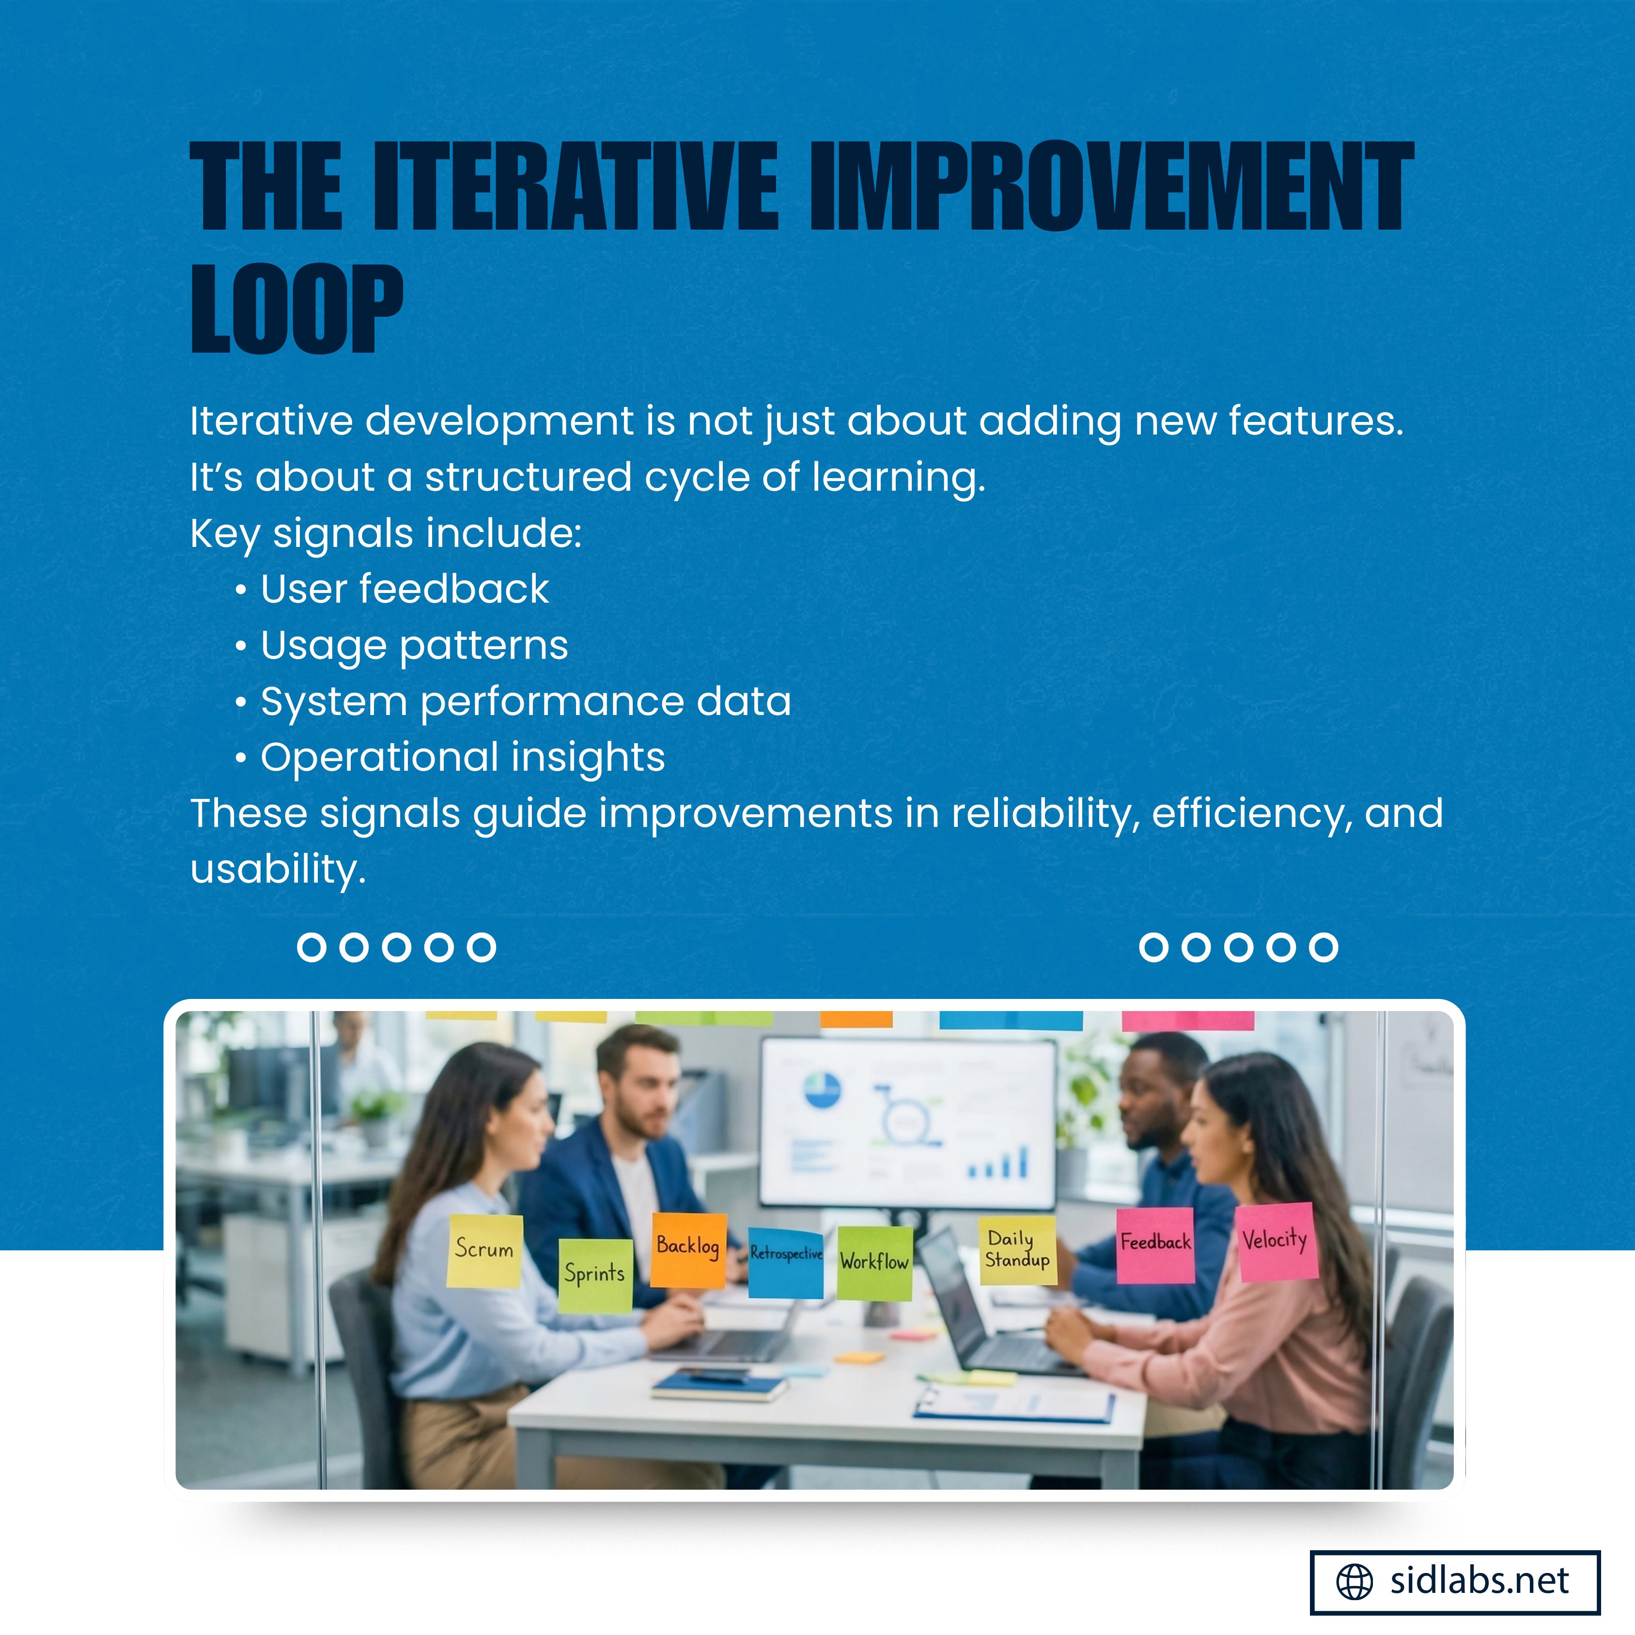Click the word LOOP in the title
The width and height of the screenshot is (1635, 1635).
coord(297,309)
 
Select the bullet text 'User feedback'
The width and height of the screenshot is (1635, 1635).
coord(405,589)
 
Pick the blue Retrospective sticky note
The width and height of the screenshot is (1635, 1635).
coord(786,1262)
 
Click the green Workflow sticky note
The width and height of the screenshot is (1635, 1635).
coord(875,1262)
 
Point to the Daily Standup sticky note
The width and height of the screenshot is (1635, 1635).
coord(1018,1251)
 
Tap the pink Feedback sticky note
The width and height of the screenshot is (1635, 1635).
coord(1155,1246)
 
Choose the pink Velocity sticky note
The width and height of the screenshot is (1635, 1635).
coord(1276,1242)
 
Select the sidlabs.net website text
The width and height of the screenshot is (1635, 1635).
coord(1479,1581)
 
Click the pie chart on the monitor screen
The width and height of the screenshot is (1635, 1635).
coord(822,1089)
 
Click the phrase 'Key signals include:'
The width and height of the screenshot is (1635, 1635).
coord(386,534)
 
